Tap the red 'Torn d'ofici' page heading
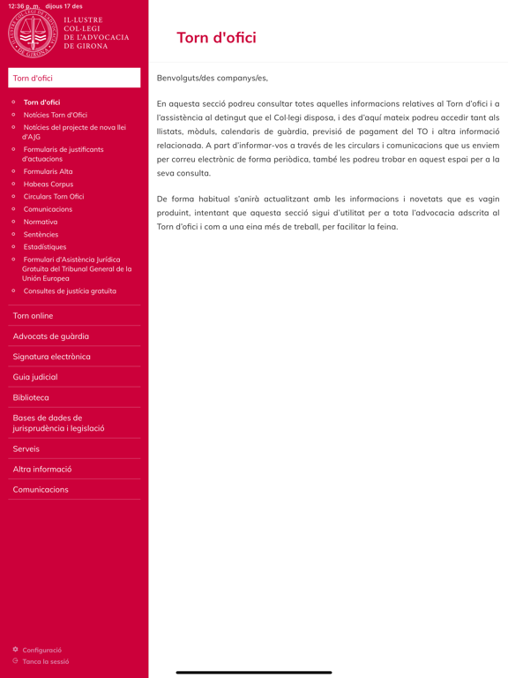click(216, 37)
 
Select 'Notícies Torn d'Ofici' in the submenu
click(55, 115)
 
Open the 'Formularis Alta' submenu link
click(48, 171)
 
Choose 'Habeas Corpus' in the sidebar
click(48, 184)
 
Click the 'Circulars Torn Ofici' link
click(53, 196)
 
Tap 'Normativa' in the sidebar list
click(40, 222)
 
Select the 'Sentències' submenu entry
click(41, 234)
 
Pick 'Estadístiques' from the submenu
click(44, 247)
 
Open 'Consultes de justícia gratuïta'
click(69, 290)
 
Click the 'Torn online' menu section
click(33, 315)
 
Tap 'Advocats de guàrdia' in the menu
click(50, 335)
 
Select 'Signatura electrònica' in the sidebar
click(51, 357)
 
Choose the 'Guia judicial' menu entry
click(35, 377)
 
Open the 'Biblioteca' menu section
click(31, 397)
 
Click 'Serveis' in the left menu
click(26, 448)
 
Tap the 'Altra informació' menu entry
click(42, 469)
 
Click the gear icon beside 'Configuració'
click(15, 650)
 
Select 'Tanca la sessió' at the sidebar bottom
click(45, 661)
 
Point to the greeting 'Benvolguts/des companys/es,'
click(212, 78)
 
